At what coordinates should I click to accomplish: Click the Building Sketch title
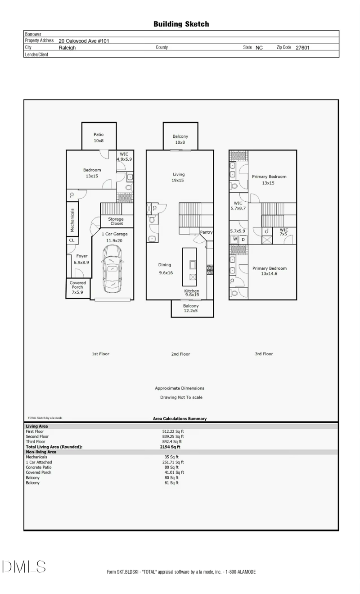click(x=181, y=24)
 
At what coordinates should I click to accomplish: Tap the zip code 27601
click(x=302, y=48)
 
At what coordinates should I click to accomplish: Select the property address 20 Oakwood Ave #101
click(x=84, y=41)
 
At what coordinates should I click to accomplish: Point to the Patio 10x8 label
click(x=99, y=138)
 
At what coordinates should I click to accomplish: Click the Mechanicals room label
click(x=72, y=220)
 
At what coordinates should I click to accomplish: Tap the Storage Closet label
click(x=116, y=221)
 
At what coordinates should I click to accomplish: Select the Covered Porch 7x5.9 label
click(x=77, y=287)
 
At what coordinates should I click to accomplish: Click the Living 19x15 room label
click(x=178, y=177)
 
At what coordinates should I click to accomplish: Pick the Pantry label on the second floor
click(x=207, y=232)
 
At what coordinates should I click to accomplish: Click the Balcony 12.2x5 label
click(x=191, y=308)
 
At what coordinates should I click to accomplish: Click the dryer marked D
click(x=243, y=240)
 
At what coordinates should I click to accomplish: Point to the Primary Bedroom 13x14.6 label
click(x=270, y=271)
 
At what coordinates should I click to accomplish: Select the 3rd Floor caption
click(x=264, y=354)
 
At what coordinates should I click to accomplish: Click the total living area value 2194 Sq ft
click(x=170, y=447)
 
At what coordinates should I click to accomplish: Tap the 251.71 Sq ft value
click(x=173, y=462)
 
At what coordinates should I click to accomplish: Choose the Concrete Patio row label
click(x=39, y=467)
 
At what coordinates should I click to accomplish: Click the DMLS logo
click(x=24, y=567)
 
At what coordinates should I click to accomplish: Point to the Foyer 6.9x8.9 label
click(x=81, y=259)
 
